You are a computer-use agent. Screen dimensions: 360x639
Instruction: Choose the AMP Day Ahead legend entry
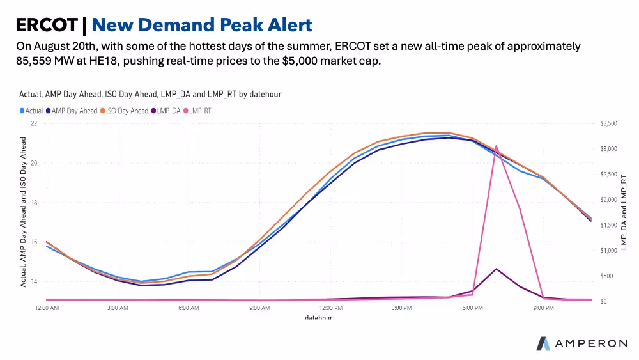pyautogui.click(x=73, y=111)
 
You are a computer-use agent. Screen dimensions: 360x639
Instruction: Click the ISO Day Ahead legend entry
pyautogui.click(x=124, y=111)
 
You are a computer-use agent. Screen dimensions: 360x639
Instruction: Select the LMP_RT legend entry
pyautogui.click(x=200, y=111)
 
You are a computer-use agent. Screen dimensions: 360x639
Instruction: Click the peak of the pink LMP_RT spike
pyautogui.click(x=496, y=146)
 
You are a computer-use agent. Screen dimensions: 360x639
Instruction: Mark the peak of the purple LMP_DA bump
pyautogui.click(x=496, y=269)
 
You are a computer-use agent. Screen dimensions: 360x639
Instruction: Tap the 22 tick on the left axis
pyautogui.click(x=34, y=123)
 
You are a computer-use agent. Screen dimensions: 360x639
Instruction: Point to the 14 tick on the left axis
pyautogui.click(x=34, y=281)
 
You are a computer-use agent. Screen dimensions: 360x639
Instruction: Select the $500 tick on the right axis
pyautogui.click(x=606, y=276)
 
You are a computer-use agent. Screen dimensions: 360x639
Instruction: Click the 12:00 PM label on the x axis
pyautogui.click(x=331, y=308)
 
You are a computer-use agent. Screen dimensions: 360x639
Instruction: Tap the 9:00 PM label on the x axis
pyautogui.click(x=543, y=308)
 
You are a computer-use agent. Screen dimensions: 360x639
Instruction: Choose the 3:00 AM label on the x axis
pyautogui.click(x=118, y=308)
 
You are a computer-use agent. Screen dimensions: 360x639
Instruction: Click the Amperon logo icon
pyautogui.click(x=543, y=343)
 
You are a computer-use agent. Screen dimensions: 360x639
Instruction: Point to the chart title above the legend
pyautogui.click(x=150, y=94)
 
